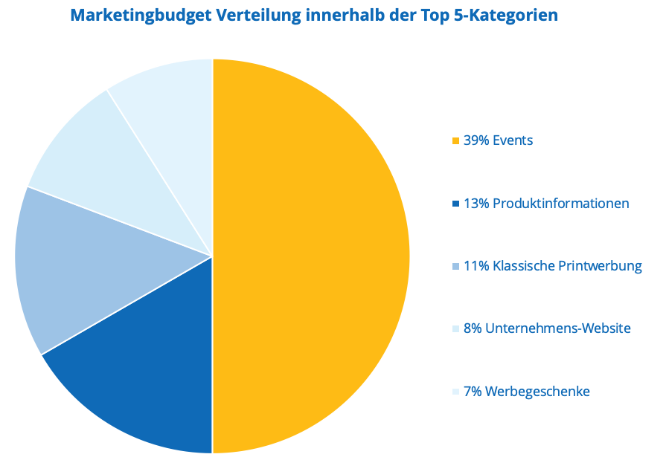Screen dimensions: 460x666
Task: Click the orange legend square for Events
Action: [455, 140]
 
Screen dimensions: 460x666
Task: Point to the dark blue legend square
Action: [455, 204]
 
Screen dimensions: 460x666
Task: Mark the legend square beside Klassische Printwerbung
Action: [455, 266]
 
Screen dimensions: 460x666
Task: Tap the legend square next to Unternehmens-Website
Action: [455, 328]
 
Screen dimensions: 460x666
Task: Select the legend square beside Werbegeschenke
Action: [455, 392]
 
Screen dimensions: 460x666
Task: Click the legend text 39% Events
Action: [498, 140]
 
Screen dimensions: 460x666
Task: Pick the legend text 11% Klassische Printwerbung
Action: [552, 266]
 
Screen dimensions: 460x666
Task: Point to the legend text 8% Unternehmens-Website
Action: [547, 328]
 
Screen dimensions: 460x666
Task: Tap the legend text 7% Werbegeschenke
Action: [526, 392]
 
